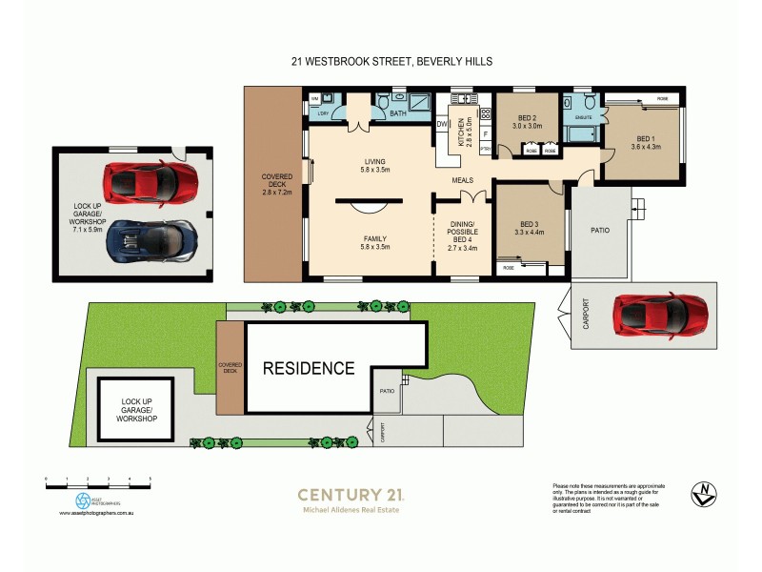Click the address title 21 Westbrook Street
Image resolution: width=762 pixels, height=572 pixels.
pyautogui.click(x=391, y=61)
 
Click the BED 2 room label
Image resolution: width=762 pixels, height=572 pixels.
pyautogui.click(x=527, y=117)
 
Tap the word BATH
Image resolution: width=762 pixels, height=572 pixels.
pyautogui.click(x=399, y=114)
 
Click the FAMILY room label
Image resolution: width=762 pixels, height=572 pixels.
pyautogui.click(x=368, y=238)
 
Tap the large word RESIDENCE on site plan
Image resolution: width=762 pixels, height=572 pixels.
pyautogui.click(x=309, y=368)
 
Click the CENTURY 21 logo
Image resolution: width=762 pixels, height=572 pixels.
pyautogui.click(x=351, y=495)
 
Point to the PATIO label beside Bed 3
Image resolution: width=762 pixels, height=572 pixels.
pyautogui.click(x=599, y=230)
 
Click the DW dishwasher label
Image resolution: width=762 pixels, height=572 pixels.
pyautogui.click(x=442, y=124)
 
